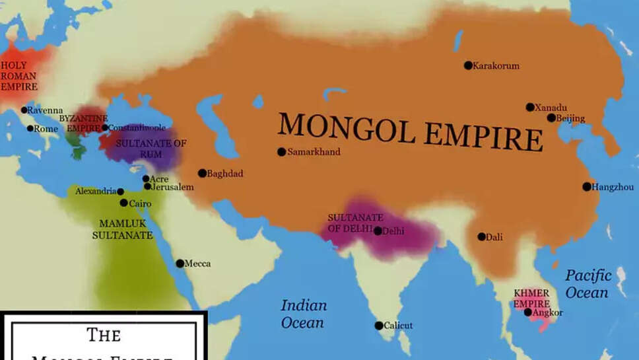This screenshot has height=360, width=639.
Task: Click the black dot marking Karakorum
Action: click(468, 65)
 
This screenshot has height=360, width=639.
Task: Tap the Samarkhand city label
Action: click(314, 152)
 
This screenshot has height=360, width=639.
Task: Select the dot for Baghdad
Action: click(202, 173)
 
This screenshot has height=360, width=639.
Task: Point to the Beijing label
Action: click(572, 118)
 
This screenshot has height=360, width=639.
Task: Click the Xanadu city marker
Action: click(530, 107)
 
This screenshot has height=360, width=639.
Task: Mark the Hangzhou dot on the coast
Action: click(587, 187)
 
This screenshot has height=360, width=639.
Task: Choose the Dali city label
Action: click(494, 237)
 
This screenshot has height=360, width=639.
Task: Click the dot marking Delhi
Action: click(378, 231)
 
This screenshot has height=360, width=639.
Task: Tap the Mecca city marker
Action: click(180, 264)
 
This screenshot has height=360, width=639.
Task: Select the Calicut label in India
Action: click(398, 326)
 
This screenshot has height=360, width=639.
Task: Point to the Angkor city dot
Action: click(528, 312)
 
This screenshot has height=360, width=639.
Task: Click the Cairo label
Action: click(140, 203)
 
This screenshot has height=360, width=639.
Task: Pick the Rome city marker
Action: click(30, 128)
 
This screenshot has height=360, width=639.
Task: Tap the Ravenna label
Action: click(46, 110)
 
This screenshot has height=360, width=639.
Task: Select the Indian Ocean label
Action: click(303, 314)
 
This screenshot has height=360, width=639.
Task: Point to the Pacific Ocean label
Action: click(588, 283)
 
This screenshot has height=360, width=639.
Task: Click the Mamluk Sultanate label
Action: click(122, 229)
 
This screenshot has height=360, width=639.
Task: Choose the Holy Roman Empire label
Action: click(19, 76)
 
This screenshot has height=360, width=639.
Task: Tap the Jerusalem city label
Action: click(172, 187)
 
